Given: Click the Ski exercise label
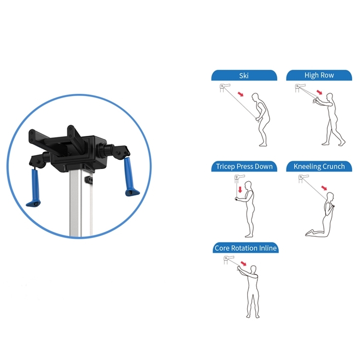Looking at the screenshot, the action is (x=244, y=76).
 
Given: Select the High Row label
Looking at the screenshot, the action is (x=319, y=75).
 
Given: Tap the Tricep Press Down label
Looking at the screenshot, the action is (x=244, y=166).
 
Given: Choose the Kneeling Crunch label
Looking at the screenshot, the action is (x=319, y=166).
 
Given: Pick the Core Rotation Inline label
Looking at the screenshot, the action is (x=246, y=248).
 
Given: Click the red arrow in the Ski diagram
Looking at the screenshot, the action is (x=241, y=94).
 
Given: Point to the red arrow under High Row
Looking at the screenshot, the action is (x=319, y=92).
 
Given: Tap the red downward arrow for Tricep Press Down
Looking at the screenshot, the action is (x=240, y=189).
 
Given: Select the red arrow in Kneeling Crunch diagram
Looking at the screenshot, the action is (x=324, y=188).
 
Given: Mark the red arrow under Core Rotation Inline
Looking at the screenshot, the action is (x=243, y=263).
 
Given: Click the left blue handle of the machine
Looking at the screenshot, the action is (x=34, y=188).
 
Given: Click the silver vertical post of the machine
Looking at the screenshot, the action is (x=81, y=203).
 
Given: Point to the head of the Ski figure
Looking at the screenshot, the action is (x=255, y=98).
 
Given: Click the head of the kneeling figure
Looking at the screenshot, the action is (x=330, y=197).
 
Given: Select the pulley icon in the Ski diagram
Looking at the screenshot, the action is (x=225, y=88).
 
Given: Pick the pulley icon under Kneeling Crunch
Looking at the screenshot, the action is (x=303, y=179).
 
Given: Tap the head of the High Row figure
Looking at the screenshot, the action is (x=330, y=97).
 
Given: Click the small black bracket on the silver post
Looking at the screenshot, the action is (x=89, y=180).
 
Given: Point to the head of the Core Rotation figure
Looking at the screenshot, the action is (x=253, y=270).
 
